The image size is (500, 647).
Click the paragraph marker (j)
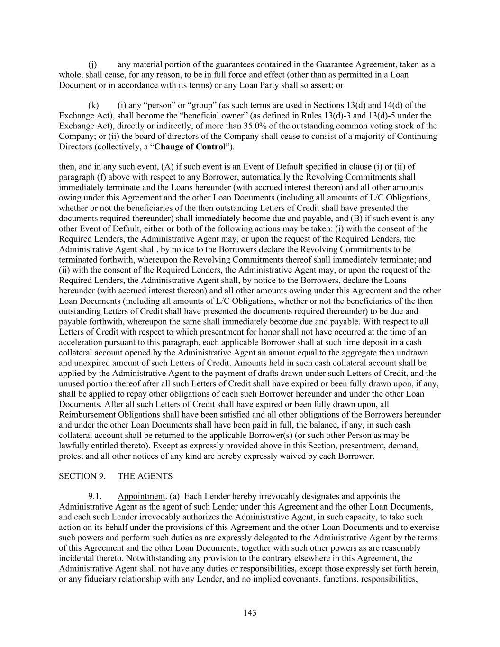tap(93, 64)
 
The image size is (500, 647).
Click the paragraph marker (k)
tap(93, 105)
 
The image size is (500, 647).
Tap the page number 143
tap(250, 613)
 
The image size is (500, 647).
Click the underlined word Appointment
tap(141, 496)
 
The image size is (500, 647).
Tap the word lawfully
tap(73, 446)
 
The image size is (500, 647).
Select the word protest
tap(71, 456)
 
